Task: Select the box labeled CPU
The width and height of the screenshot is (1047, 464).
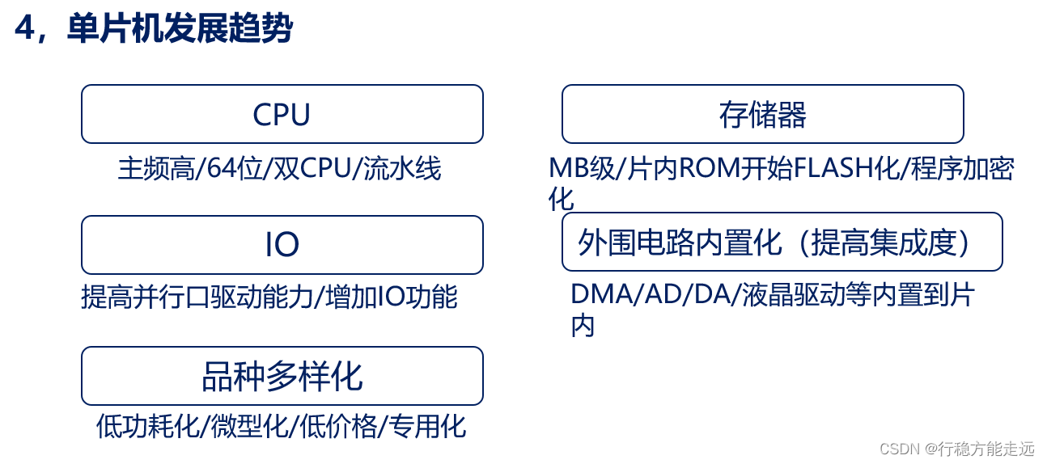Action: coord(282,115)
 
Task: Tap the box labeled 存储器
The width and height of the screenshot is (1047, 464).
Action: coord(762,115)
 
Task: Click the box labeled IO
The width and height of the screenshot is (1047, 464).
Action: coord(282,245)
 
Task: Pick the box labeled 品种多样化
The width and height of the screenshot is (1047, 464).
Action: coord(282,376)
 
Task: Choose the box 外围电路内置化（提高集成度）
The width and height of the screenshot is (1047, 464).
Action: coord(782,242)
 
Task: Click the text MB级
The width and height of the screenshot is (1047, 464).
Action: coord(583,169)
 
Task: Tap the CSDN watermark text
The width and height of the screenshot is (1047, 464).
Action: coord(956,448)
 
